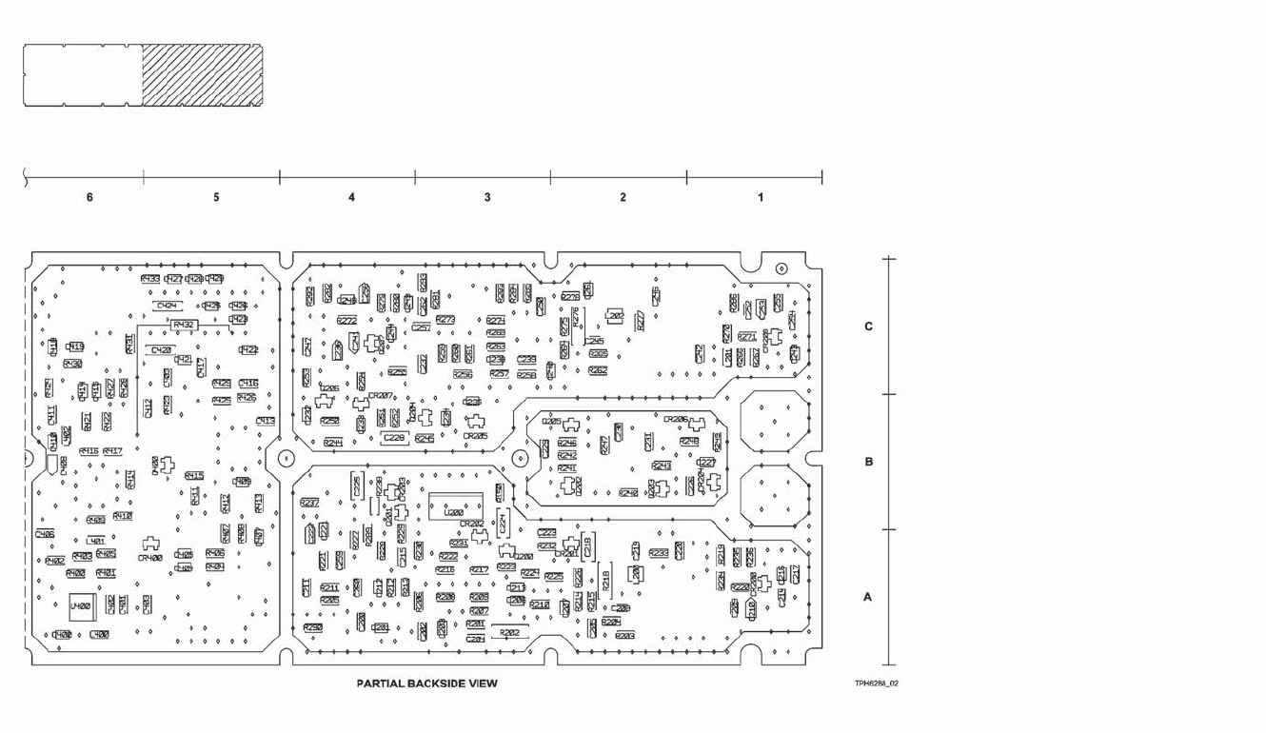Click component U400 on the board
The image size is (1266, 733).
tap(80, 605)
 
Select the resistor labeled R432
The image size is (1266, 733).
tap(183, 325)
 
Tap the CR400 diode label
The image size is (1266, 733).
tap(149, 558)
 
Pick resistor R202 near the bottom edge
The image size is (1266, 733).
tap(509, 632)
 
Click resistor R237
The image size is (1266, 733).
tap(309, 503)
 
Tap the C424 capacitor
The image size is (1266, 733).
tap(168, 306)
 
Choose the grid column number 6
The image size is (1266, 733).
tap(89, 198)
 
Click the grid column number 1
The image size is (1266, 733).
tap(760, 198)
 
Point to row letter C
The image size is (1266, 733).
tap(868, 327)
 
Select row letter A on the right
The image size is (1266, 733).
tap(867, 598)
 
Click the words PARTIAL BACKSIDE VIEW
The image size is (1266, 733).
tap(426, 683)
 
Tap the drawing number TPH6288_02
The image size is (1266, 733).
tap(877, 683)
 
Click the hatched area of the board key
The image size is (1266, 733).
tap(202, 74)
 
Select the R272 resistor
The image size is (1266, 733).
tap(346, 321)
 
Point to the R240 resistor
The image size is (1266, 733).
tap(628, 493)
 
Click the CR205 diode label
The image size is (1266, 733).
tap(475, 436)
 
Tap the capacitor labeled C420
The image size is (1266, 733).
tap(161, 350)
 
